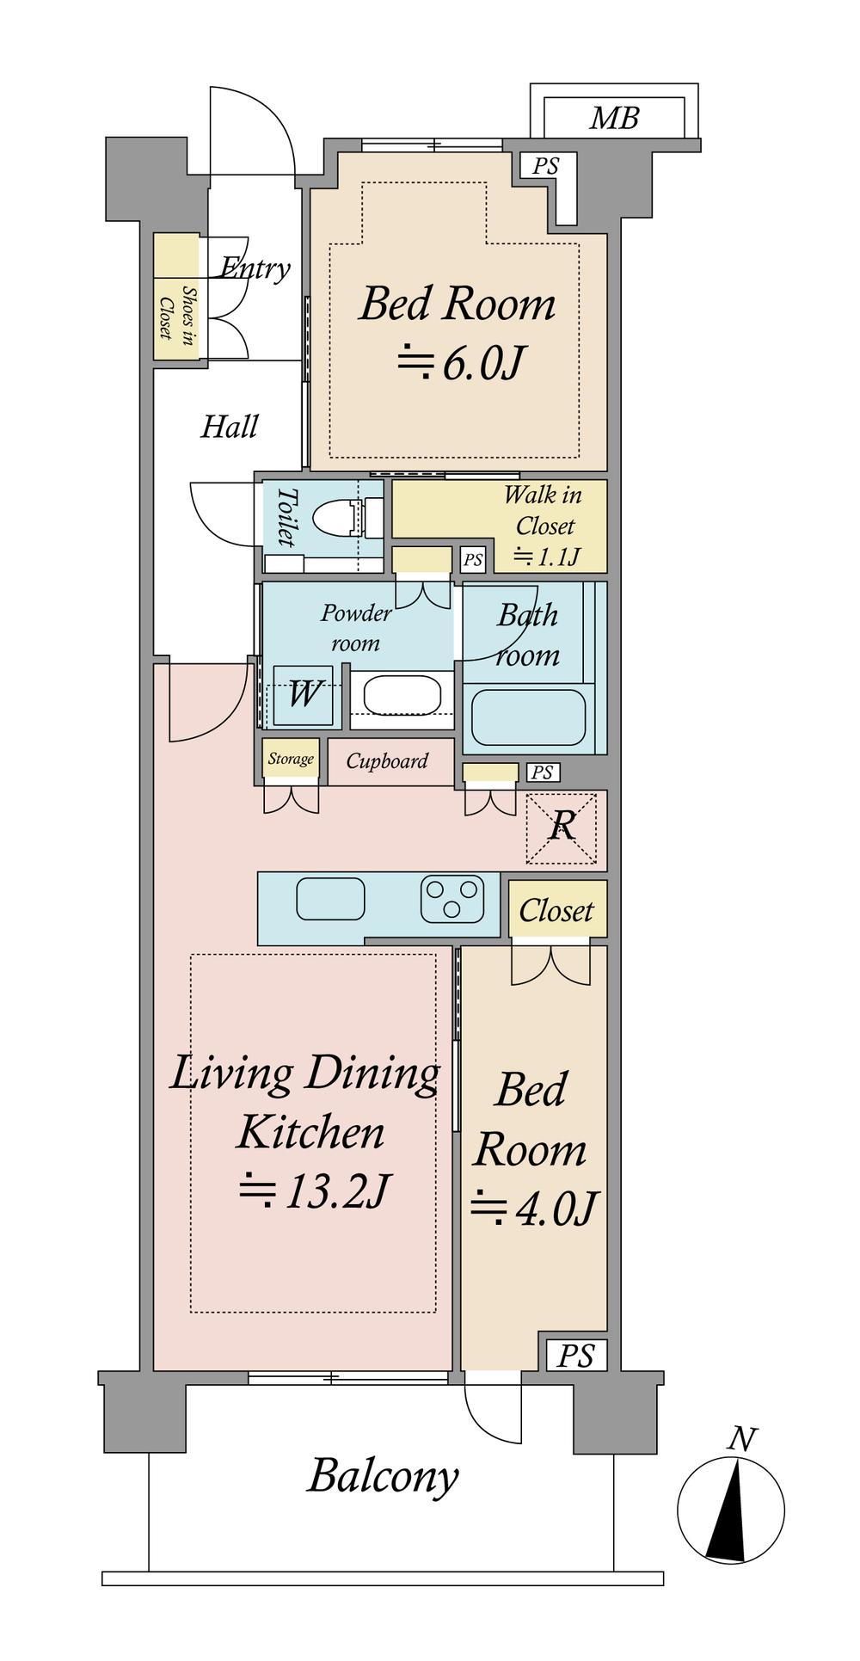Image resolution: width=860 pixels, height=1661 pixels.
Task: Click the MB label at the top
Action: coord(614,117)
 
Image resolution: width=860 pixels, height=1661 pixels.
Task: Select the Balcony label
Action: coord(383,1478)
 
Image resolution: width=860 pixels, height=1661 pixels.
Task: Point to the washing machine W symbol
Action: coord(303,693)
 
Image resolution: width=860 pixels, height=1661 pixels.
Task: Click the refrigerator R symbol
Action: coord(562,826)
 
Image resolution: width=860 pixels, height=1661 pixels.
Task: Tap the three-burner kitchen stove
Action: coord(451,899)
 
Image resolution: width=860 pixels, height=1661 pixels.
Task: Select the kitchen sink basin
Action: coord(330,899)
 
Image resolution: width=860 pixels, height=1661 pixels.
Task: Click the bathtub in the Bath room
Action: coord(529,717)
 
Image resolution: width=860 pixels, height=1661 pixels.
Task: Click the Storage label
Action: coord(291,759)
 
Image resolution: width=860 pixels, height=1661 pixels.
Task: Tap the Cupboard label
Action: coord(387,761)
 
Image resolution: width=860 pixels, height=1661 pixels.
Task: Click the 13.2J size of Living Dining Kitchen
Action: coord(314,1191)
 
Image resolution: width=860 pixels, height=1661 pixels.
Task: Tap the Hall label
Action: coord(229,427)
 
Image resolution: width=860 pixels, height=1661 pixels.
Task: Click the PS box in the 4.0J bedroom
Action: coord(576,1356)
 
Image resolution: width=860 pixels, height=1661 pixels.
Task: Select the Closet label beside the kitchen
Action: coord(556,910)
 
